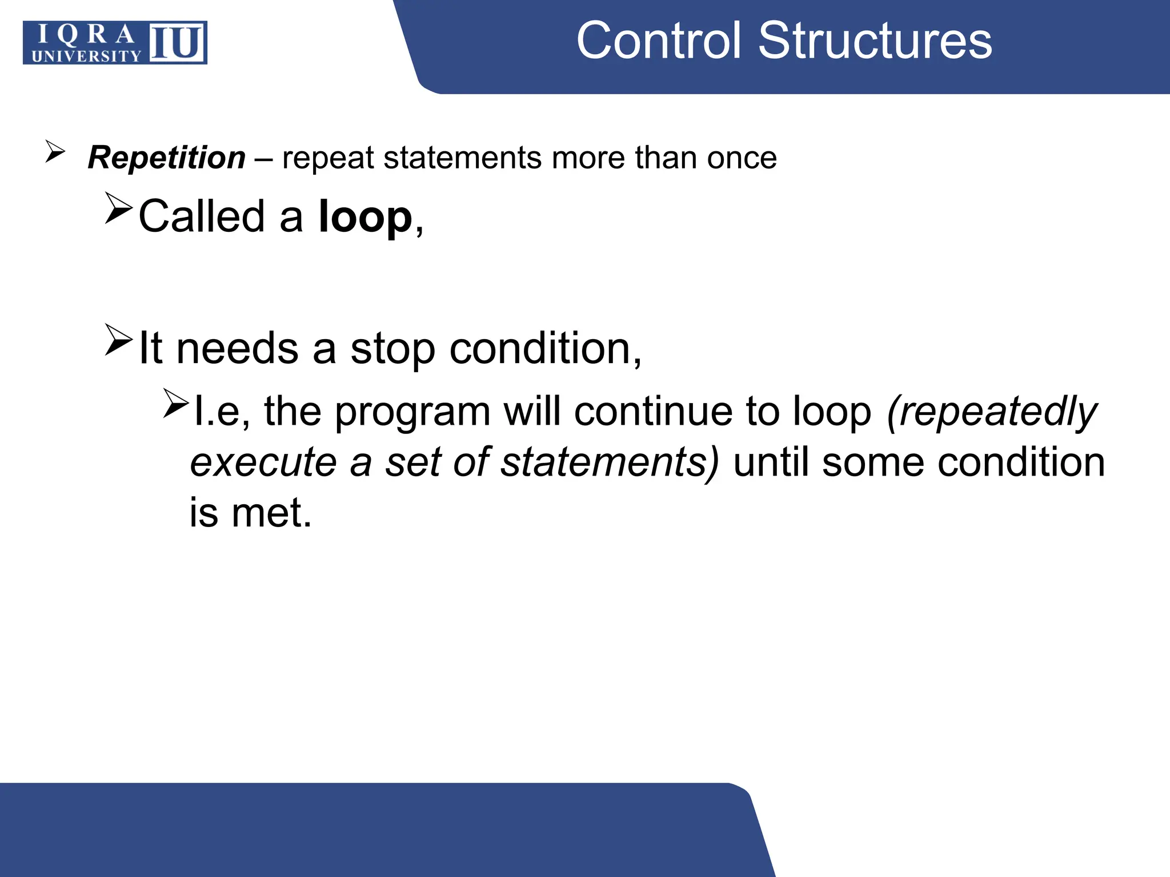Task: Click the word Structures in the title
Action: click(875, 41)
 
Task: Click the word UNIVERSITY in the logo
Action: click(86, 56)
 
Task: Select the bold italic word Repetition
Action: click(167, 158)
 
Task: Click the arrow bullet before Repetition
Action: click(55, 152)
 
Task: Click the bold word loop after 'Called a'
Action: click(365, 217)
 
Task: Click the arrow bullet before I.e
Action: click(175, 403)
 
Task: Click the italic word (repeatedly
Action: click(991, 412)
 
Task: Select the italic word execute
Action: click(263, 462)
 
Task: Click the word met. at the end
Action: click(271, 513)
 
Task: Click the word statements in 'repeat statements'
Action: click(462, 158)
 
